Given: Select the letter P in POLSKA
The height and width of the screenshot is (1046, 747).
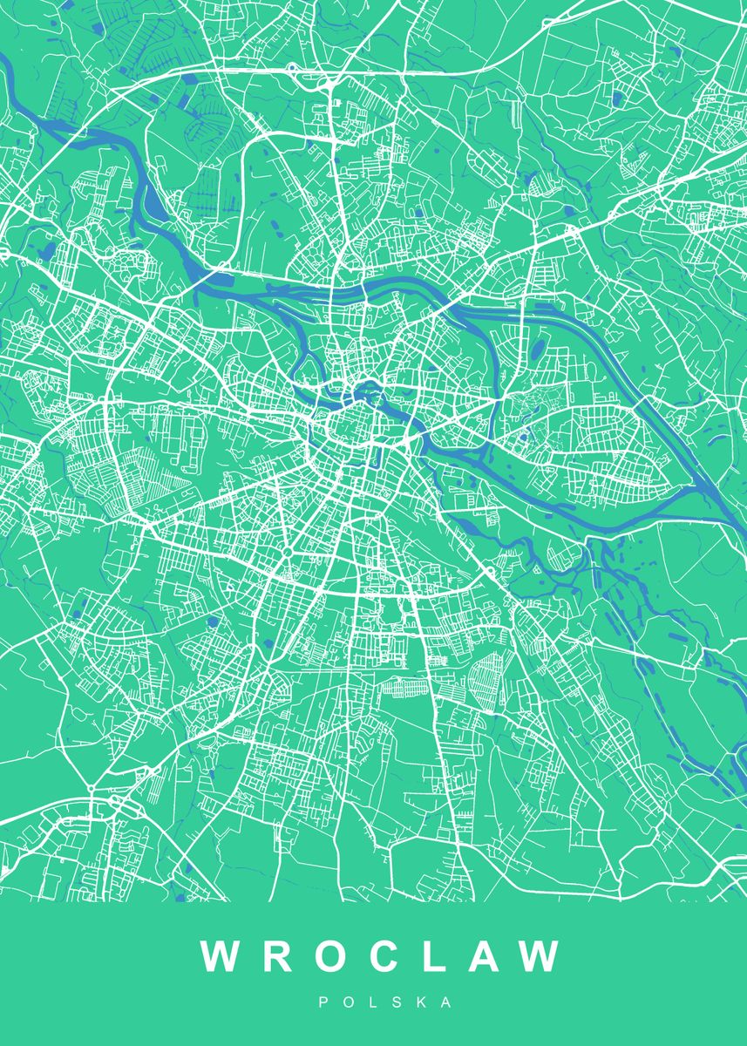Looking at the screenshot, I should coord(323,1003).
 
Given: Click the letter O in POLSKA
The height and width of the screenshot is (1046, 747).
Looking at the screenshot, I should coord(348,1003).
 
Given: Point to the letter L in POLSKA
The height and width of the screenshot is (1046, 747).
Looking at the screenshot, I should coord(373,1003).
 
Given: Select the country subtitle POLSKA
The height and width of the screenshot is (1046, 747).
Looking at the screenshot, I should coord(384,1003).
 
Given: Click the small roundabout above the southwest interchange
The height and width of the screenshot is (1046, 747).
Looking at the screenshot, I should coord(91,790).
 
